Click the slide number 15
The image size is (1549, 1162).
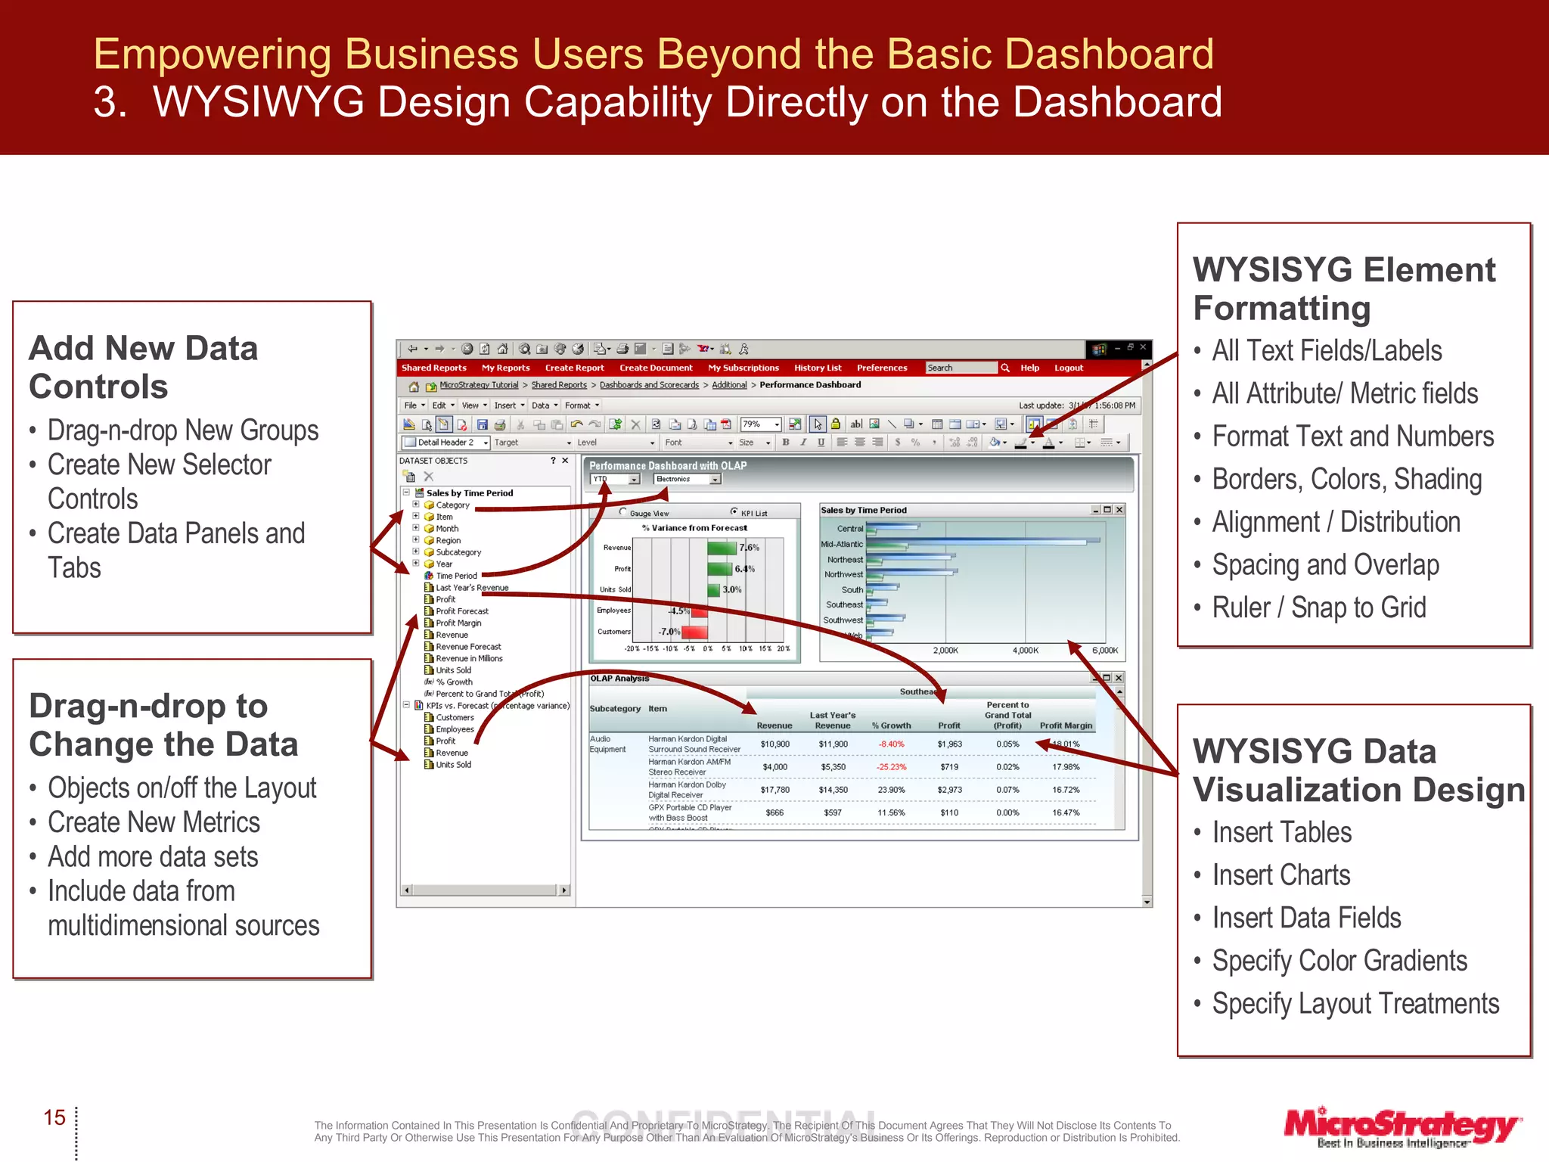(54, 1117)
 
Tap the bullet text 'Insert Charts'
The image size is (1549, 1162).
(1280, 875)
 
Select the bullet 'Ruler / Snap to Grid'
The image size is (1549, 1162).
(1318, 607)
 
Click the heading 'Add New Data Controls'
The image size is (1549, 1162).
(143, 367)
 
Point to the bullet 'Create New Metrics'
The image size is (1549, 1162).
(154, 822)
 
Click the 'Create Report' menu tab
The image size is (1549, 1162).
(574, 368)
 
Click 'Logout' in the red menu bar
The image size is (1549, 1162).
(1068, 368)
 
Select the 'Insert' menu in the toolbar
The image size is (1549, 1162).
(504, 405)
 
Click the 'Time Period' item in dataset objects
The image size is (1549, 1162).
(456, 576)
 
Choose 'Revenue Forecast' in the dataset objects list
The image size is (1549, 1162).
(468, 647)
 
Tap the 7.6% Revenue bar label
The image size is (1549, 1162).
(749, 548)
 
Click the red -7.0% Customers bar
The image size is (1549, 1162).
(694, 632)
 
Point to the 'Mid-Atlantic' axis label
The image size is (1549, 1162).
(841, 544)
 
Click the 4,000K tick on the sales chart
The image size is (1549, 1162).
(1025, 651)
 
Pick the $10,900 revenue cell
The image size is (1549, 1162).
(774, 744)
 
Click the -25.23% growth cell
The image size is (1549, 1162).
(891, 767)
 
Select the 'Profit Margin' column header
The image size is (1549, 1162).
(1066, 725)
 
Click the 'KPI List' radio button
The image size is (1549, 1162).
(734, 512)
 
